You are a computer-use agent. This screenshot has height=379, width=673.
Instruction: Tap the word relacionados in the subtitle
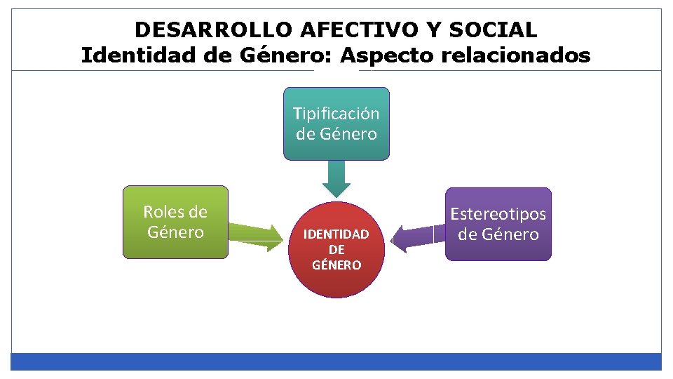point(516,55)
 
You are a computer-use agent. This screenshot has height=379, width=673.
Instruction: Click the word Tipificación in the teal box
point(336,114)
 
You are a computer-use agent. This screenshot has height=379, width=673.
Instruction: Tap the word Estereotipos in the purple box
point(498,214)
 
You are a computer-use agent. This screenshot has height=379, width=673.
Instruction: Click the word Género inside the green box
point(175,232)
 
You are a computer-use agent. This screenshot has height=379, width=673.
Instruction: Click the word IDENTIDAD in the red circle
point(336,234)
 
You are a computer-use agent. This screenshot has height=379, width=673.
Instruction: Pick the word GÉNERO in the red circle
point(336,265)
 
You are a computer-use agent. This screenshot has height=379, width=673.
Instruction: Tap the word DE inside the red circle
point(336,250)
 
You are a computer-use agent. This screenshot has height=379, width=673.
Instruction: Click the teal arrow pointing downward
point(336,180)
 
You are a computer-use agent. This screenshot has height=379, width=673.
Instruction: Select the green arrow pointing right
point(256,237)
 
